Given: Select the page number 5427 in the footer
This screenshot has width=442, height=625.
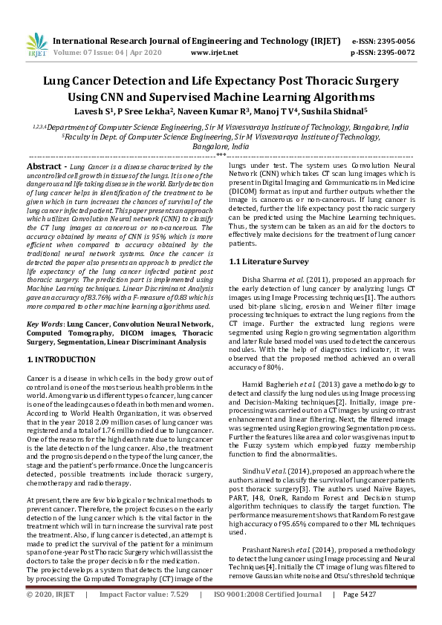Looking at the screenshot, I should coord(398,615).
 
